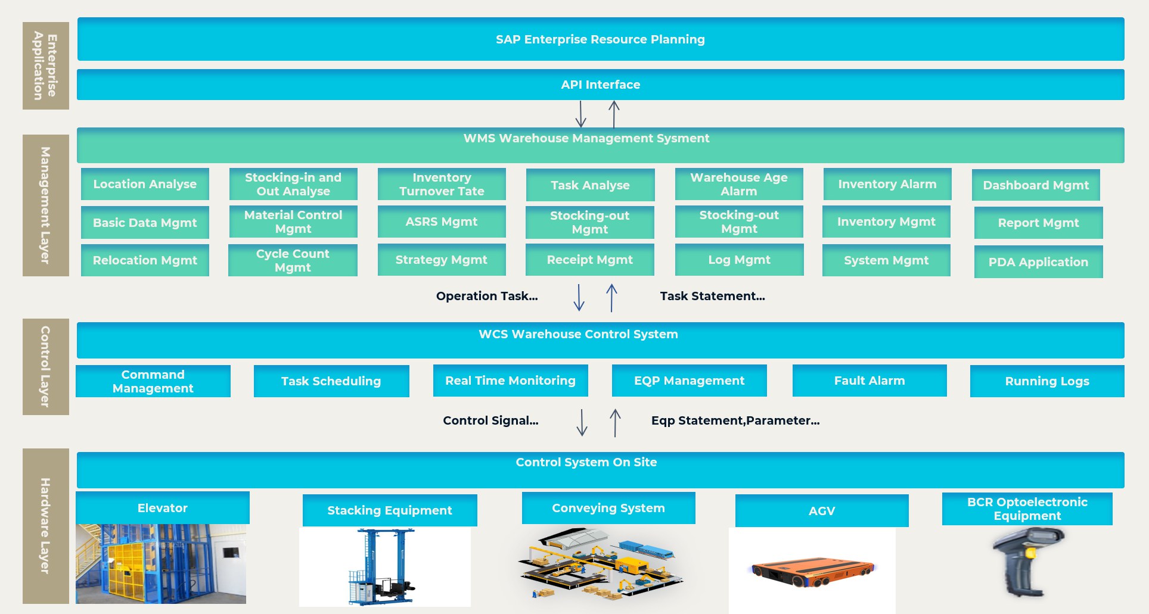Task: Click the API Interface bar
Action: pos(601,85)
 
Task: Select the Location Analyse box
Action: pos(145,184)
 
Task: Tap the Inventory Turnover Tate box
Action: pos(442,184)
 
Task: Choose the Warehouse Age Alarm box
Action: pos(739,184)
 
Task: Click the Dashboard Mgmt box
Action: pos(1036,185)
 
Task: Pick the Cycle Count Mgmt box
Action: pos(293,260)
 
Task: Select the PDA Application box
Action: pos(1038,262)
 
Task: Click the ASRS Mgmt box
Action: pos(442,222)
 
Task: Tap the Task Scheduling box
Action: pos(331,381)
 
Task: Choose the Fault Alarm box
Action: pos(869,381)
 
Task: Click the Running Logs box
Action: pos(1047,381)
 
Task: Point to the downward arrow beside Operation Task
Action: pos(579,297)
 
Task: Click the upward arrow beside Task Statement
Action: pos(611,298)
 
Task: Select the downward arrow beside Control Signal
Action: pos(582,422)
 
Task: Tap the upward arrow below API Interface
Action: pos(614,114)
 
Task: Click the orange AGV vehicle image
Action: pos(812,572)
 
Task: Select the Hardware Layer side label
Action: pos(46,526)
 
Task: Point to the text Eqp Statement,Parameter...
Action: pos(735,420)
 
